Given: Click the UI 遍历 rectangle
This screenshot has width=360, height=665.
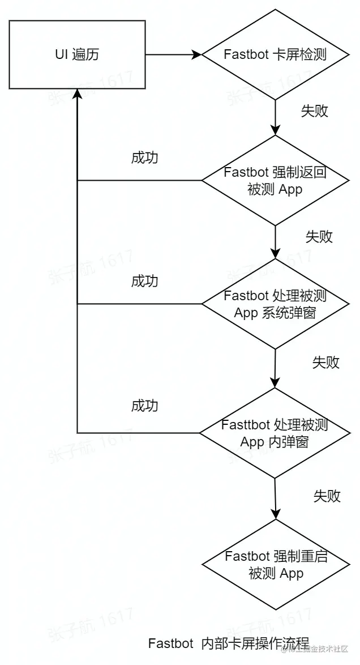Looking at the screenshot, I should pos(78,55).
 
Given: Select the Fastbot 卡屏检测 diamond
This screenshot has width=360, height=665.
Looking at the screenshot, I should pos(275,55).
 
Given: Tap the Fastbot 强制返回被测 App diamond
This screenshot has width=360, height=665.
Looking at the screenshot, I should pos(275,181).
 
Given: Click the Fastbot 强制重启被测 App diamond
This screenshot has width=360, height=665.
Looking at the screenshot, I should pos(276,564).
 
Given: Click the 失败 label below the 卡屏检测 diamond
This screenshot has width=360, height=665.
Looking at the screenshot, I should pos(314,111).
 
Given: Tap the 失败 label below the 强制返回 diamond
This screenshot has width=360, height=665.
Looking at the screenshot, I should pos(319,237).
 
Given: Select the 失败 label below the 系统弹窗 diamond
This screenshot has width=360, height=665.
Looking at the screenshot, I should pos(326,363).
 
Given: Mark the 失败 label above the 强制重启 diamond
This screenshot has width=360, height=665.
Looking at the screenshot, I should pos(327,496).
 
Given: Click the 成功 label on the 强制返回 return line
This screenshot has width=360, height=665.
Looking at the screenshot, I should pos(144,158).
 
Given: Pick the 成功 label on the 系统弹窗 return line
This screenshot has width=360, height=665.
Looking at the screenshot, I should pos(144,281).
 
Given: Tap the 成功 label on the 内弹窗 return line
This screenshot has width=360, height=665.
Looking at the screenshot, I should pos(144,406).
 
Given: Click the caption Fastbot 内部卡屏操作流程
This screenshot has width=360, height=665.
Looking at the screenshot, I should pos(229,643).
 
